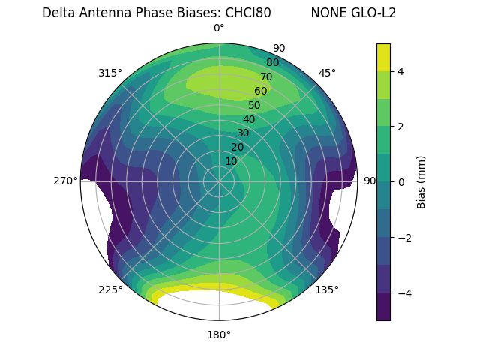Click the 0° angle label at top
point(219,28)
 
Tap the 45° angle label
point(327,73)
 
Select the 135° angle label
point(327,289)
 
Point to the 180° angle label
point(219,334)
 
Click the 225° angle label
point(110,289)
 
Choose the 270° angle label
point(65,181)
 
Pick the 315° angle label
point(110,73)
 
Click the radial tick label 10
point(231,161)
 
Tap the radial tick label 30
point(243,133)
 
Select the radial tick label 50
point(255,105)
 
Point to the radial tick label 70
point(266,76)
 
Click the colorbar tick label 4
point(401,71)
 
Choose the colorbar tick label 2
point(401,127)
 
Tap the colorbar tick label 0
point(401,181)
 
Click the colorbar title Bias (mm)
point(421,181)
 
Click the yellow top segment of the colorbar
point(383,57)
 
